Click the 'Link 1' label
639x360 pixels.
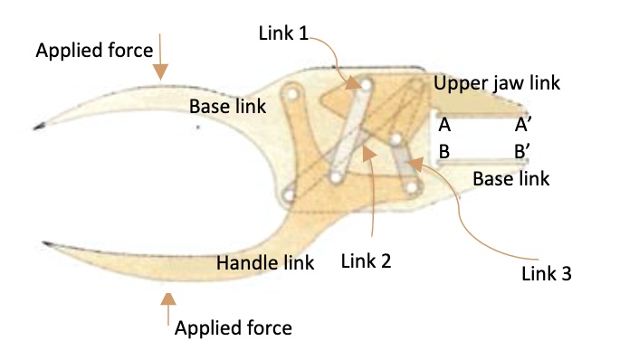(283, 33)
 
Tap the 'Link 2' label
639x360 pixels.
(366, 261)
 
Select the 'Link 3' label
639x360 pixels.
(547, 272)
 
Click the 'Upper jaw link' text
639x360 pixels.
(497, 83)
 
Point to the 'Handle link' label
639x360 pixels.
(265, 263)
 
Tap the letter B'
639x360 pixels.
(523, 151)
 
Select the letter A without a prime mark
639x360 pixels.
(444, 124)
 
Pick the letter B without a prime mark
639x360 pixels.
(444, 151)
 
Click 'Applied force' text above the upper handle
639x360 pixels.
(94, 51)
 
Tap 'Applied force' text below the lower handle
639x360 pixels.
(233, 327)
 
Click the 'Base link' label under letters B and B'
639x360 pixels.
(510, 179)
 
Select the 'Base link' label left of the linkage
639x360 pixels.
(227, 106)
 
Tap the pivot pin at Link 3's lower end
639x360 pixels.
(414, 187)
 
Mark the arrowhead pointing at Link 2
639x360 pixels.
(369, 152)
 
